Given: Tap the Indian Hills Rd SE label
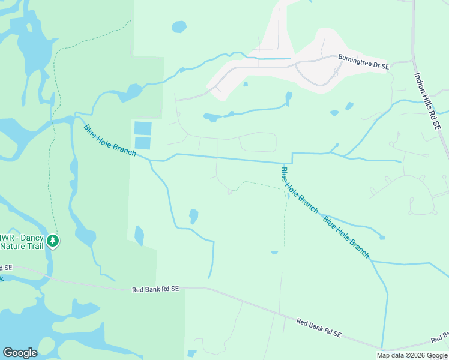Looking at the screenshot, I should tap(428, 102).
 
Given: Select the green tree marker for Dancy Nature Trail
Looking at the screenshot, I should tap(53, 241).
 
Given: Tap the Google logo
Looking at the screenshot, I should tap(20, 352).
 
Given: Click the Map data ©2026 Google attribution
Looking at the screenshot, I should tap(412, 355).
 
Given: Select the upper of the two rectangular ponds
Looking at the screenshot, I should tap(143, 128).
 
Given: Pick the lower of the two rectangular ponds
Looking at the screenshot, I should tap(143, 143).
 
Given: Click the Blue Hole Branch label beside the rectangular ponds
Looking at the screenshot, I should tap(110, 140).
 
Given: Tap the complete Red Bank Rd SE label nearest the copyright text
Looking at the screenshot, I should tap(319, 328).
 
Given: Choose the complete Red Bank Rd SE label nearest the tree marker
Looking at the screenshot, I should tap(155, 289).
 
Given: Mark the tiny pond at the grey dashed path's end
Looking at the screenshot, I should tap(274, 253).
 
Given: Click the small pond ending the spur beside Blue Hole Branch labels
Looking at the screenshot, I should tap(382, 238).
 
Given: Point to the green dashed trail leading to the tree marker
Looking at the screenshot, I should tap(55, 120).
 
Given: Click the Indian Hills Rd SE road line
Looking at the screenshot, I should tap(414, 60).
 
